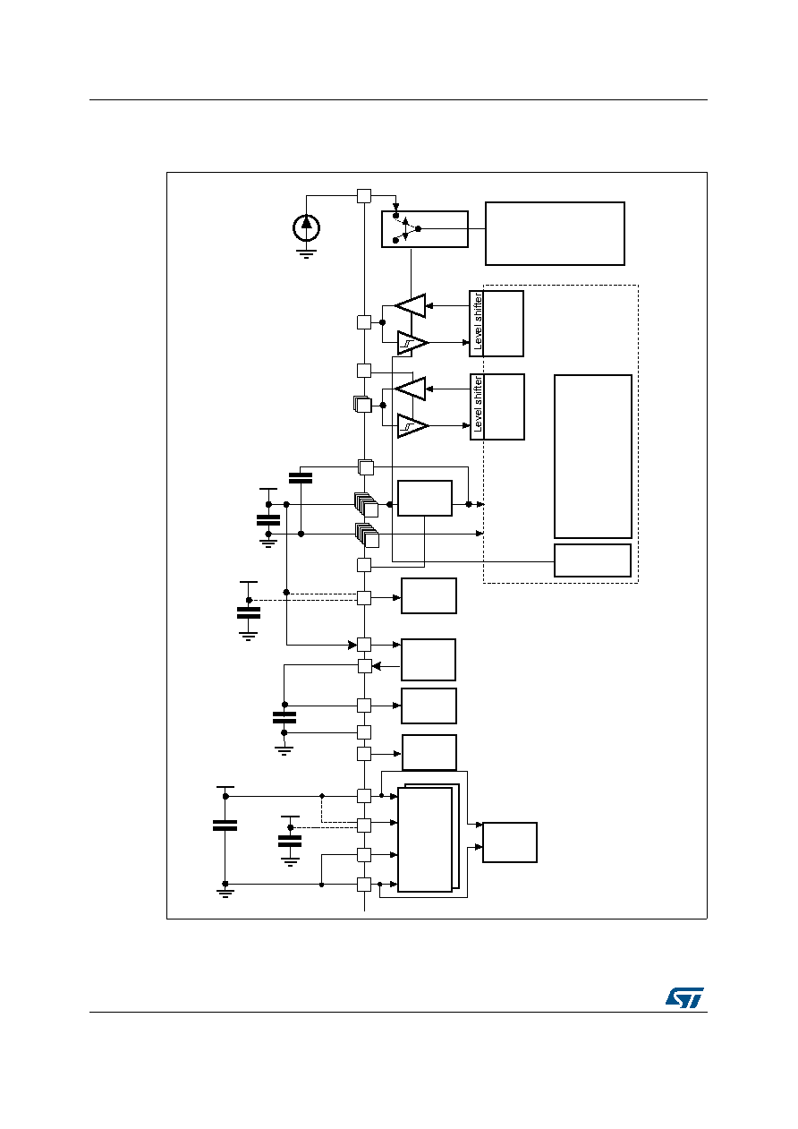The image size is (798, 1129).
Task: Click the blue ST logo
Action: tap(684, 997)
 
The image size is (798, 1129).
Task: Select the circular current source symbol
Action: tap(306, 227)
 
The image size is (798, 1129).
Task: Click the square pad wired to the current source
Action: tap(364, 195)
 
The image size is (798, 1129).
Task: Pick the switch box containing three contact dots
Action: tap(424, 229)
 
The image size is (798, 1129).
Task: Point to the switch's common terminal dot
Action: tap(418, 229)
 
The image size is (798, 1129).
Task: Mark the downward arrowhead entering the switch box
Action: tap(395, 207)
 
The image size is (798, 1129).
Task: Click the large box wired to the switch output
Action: tap(555, 234)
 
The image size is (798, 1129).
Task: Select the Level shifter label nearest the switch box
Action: tap(478, 321)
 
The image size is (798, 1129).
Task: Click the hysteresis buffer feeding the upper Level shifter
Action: tap(412, 343)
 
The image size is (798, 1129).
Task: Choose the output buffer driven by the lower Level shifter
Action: tap(411, 389)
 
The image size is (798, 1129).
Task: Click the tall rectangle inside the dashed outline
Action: tap(593, 456)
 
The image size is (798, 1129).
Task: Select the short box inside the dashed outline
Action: tap(592, 560)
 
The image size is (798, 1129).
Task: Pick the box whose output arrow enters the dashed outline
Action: tap(424, 498)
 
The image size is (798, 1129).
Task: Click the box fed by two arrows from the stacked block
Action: tap(510, 842)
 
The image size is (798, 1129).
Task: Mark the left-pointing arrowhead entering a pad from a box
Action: tap(376, 666)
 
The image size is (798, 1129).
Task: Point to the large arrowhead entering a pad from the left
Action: tap(352, 645)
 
